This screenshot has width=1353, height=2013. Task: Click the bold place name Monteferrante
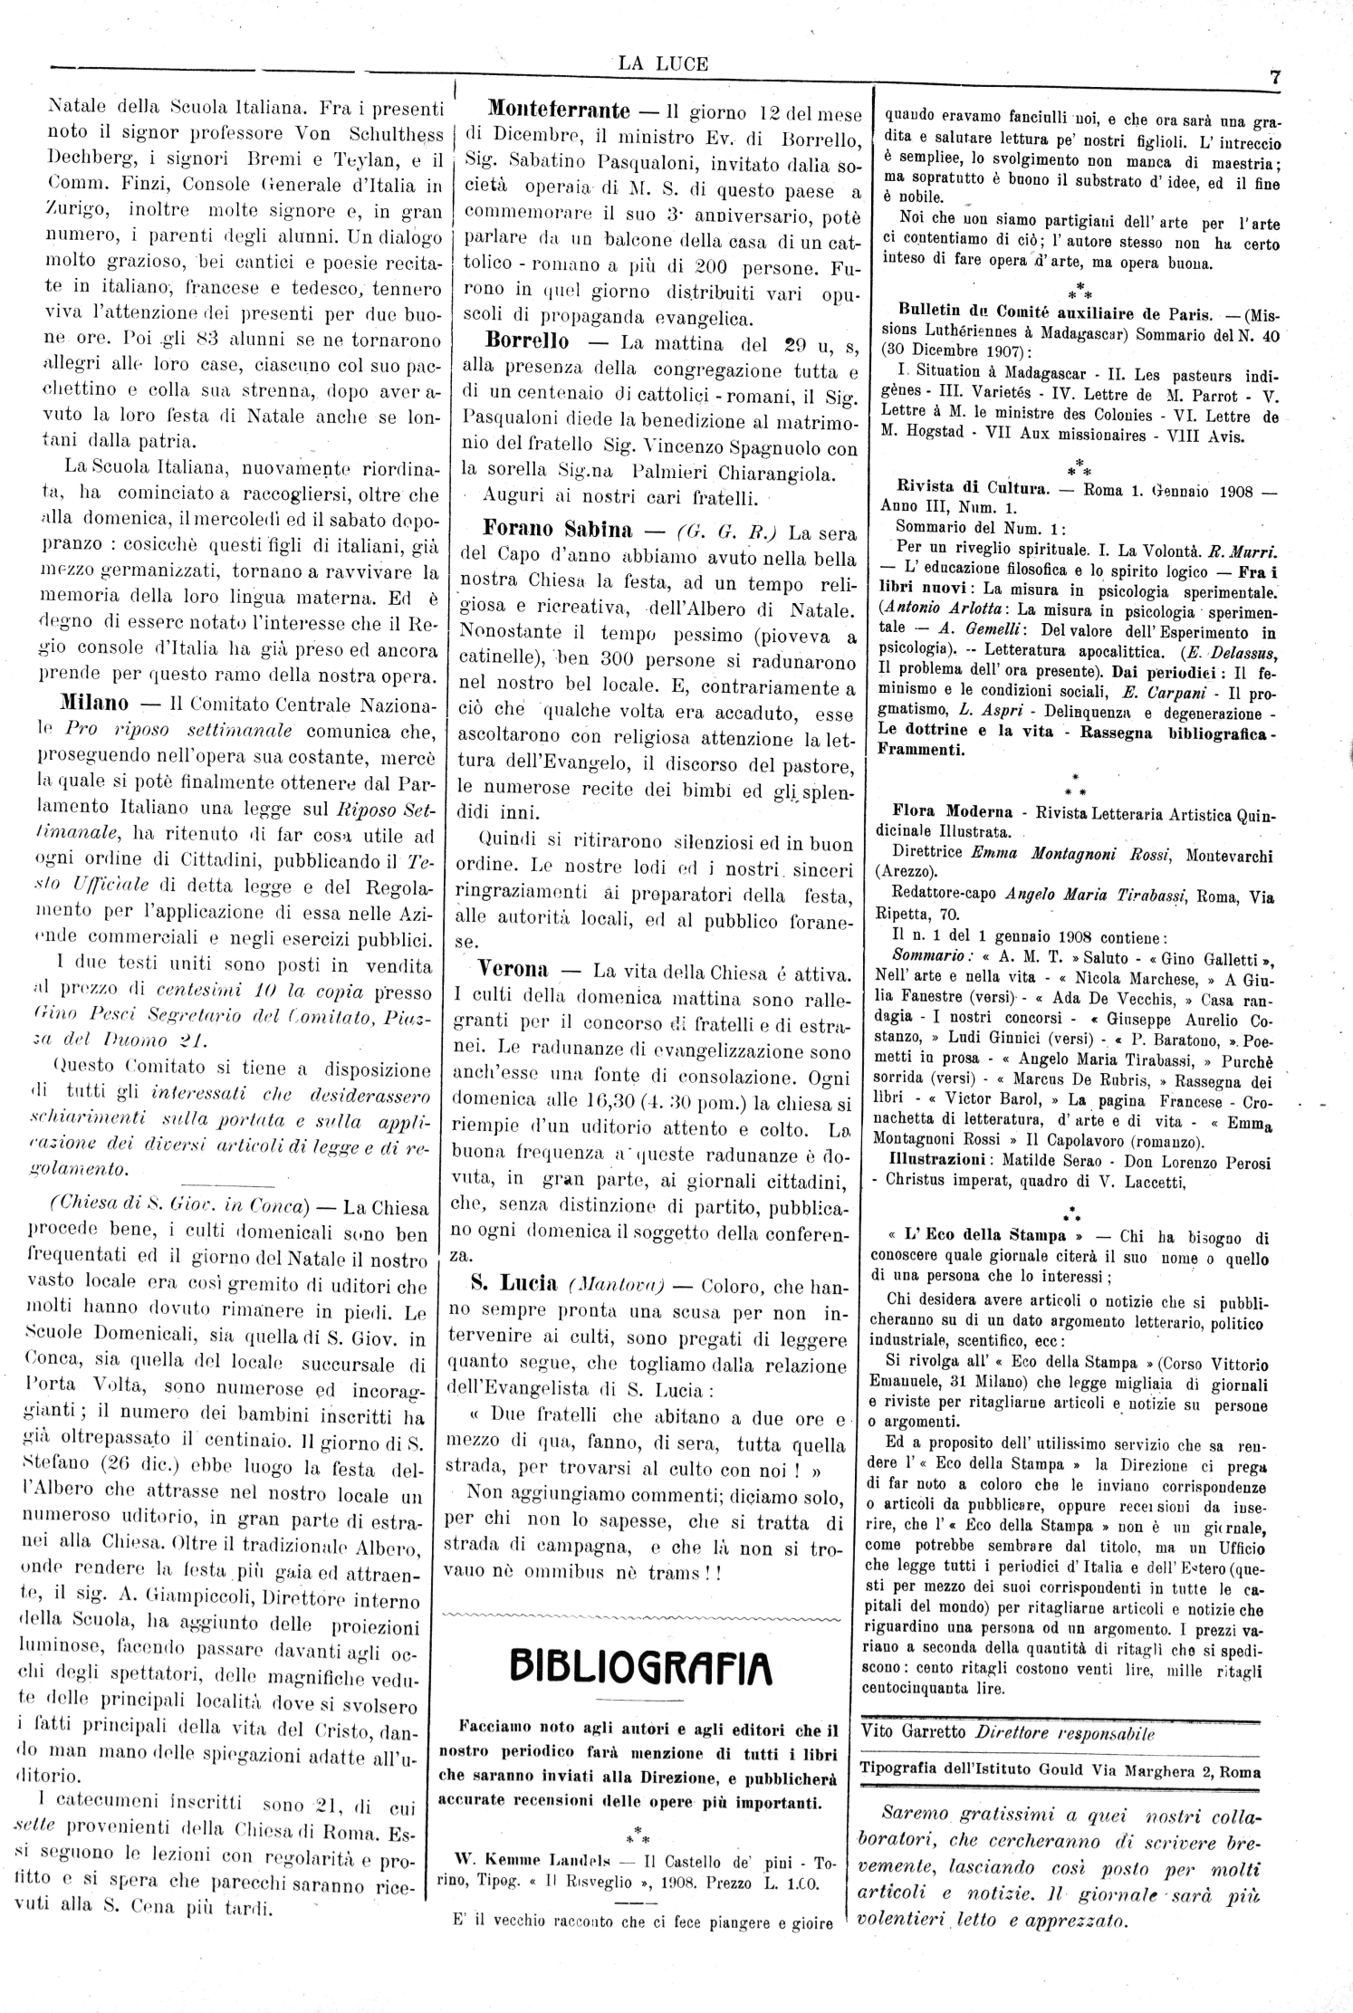(559, 111)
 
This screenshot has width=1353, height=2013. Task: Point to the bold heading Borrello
(527, 342)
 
